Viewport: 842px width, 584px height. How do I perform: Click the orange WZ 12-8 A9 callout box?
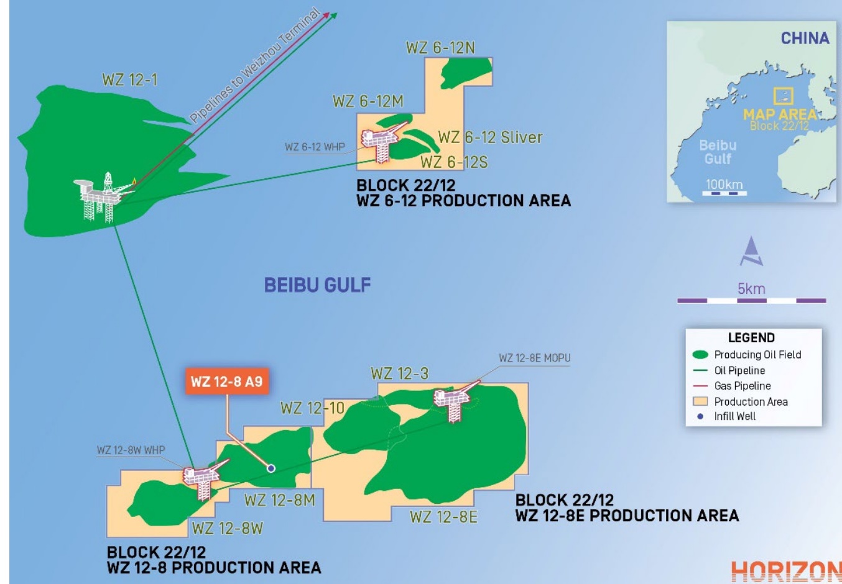click(226, 381)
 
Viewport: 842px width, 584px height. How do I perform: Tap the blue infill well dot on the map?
click(271, 468)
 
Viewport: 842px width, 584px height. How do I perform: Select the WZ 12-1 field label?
click(129, 80)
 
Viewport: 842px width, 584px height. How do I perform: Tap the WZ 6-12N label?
click(440, 48)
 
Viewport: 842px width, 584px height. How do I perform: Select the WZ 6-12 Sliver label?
click(490, 137)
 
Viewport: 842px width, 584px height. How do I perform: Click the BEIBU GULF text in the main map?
click(317, 285)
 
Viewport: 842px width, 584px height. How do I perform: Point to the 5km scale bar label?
click(751, 289)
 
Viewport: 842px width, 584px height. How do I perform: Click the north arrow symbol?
click(751, 251)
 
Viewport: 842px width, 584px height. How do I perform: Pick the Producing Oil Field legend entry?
click(757, 355)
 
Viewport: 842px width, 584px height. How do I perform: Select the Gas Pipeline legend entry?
click(742, 386)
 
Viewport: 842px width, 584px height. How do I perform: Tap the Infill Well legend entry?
click(734, 416)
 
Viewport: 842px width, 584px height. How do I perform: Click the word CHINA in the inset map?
click(805, 38)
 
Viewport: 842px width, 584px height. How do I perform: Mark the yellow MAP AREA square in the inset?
click(783, 96)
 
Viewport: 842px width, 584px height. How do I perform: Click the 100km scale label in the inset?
click(724, 185)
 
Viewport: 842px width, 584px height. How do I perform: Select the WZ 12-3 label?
click(399, 373)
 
